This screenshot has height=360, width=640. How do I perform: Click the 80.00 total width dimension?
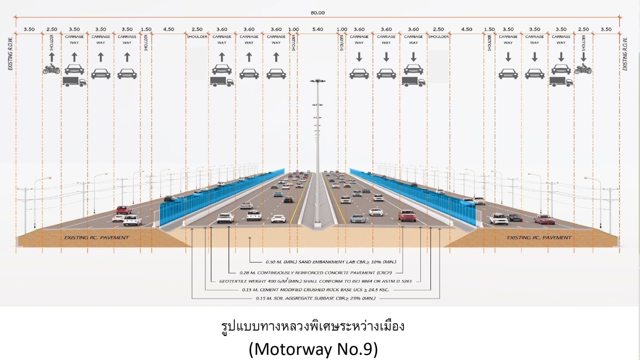pyautogui.click(x=318, y=13)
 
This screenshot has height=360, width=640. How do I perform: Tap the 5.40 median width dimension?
pyautogui.click(x=318, y=29)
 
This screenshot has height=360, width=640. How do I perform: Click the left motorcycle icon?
pyautogui.click(x=51, y=70)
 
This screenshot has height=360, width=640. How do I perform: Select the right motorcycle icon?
pyautogui.click(x=583, y=70)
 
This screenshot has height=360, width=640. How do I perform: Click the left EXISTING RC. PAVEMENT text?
pyautogui.click(x=97, y=238)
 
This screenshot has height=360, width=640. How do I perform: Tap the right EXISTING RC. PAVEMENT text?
pyautogui.click(x=539, y=238)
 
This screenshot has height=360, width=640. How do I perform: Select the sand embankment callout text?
pyautogui.click(x=331, y=262)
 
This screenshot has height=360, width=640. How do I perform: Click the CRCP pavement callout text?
pyautogui.click(x=316, y=273)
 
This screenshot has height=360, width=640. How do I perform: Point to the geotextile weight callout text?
pyautogui.click(x=315, y=281)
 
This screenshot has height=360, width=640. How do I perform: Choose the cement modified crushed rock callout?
pyautogui.click(x=315, y=290)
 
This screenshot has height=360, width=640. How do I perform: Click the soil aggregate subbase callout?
pyautogui.click(x=316, y=298)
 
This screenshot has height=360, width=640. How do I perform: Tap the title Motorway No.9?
pyautogui.click(x=313, y=349)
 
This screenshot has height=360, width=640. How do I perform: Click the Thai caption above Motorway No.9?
pyautogui.click(x=313, y=326)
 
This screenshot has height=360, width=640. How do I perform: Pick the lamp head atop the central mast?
pyautogui.click(x=318, y=81)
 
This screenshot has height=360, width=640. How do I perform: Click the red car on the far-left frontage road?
pyautogui.click(x=124, y=210)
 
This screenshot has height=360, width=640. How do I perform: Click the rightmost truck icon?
pyautogui.click(x=561, y=82)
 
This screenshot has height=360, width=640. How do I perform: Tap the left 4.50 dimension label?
pyautogui.click(x=169, y=29)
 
